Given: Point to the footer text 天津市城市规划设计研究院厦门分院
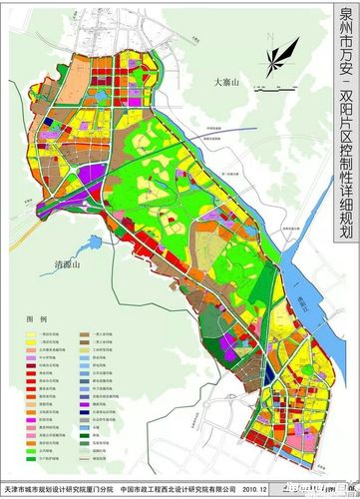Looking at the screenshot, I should click(x=60, y=489).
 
